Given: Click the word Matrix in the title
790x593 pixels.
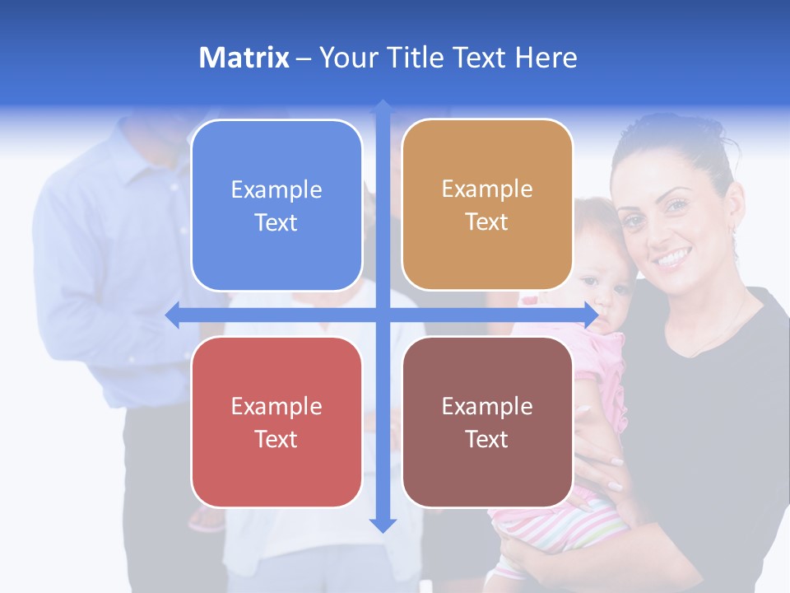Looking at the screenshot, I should (244, 58).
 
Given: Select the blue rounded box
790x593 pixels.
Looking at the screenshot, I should (276, 206).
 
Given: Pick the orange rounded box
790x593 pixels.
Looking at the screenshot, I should (487, 205).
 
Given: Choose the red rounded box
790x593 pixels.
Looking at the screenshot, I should (276, 422).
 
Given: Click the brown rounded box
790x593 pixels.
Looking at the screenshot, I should (487, 422).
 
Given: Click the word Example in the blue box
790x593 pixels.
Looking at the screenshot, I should (276, 190).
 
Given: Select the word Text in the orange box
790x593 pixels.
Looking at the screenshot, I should (487, 222).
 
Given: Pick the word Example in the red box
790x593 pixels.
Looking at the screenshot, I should (276, 406).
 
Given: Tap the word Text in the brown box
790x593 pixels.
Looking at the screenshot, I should (487, 439).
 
